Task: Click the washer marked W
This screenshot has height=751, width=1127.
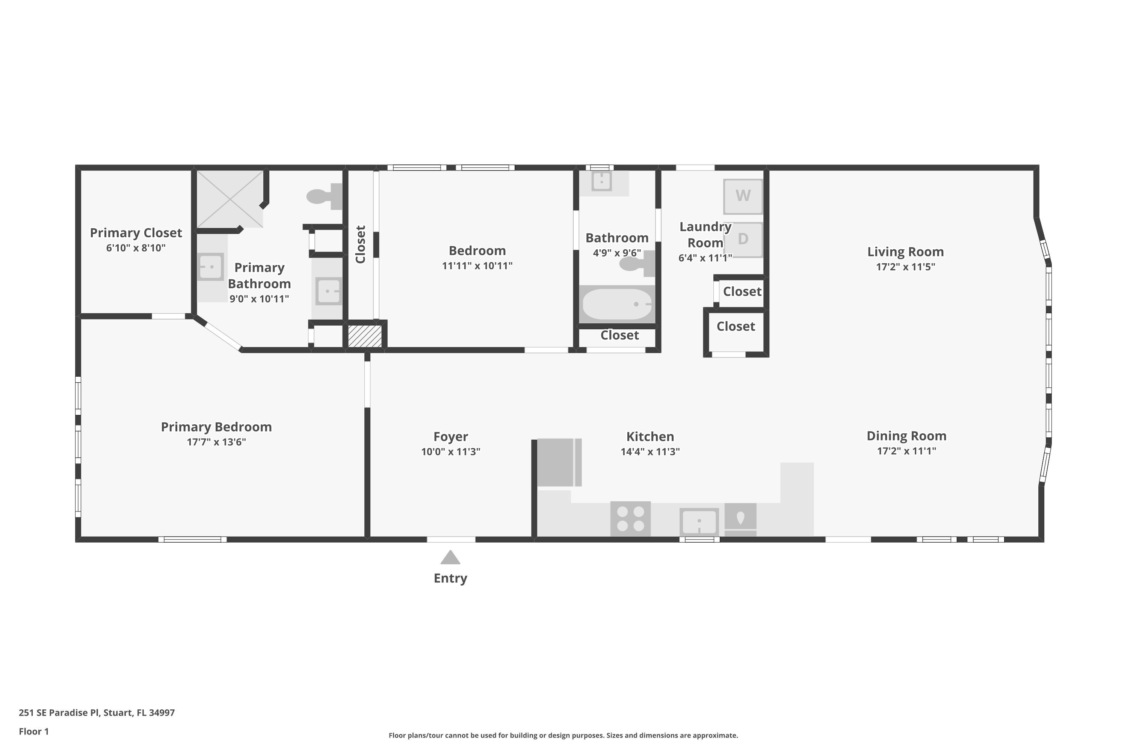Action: tap(743, 196)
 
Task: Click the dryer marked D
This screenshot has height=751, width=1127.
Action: tap(743, 239)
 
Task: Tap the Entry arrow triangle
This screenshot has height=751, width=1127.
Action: tap(450, 558)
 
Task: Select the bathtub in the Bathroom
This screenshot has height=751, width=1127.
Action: tap(617, 304)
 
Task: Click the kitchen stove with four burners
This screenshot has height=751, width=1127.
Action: tap(630, 519)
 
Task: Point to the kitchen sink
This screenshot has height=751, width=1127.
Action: tap(699, 522)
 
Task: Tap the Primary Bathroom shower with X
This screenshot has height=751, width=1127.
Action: tap(230, 199)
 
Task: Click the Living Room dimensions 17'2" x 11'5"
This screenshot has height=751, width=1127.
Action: tap(905, 267)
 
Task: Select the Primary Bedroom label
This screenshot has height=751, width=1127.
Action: tap(216, 427)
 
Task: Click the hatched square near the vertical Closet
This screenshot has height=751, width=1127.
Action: tap(365, 336)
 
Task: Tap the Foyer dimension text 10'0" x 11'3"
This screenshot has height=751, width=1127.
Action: tap(450, 452)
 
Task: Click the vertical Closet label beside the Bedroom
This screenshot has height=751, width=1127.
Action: tap(361, 244)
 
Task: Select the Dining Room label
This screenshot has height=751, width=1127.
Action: tap(906, 436)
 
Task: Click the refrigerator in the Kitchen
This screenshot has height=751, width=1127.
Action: tap(556, 462)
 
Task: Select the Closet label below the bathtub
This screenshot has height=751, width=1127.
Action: tap(619, 335)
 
